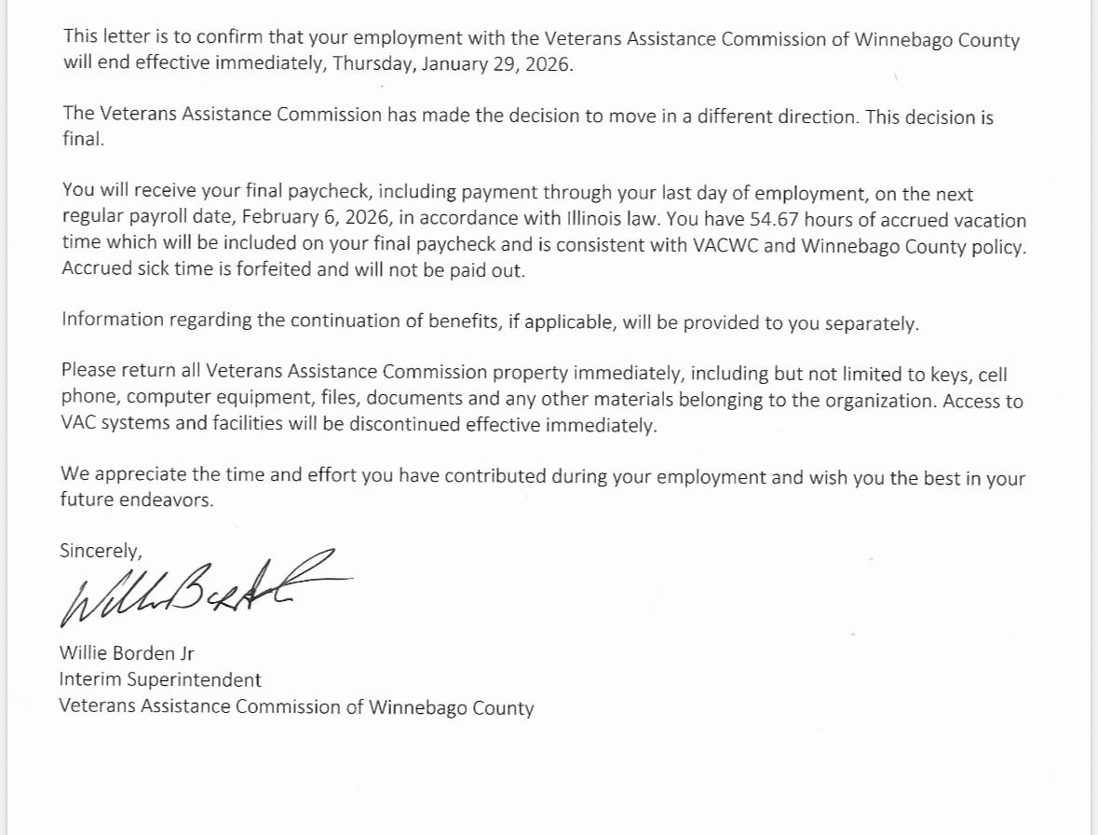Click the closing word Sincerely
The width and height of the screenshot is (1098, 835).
point(101,551)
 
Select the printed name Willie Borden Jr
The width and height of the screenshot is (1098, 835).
point(126,653)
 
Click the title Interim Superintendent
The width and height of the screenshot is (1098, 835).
point(160,680)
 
